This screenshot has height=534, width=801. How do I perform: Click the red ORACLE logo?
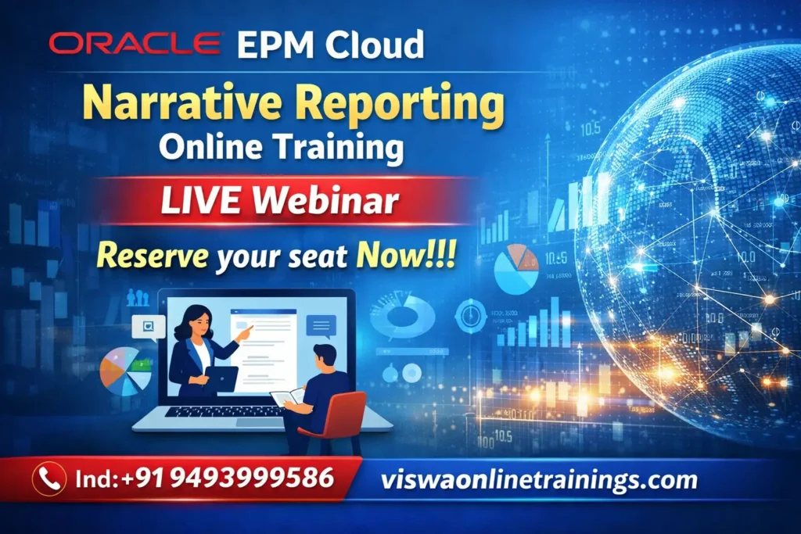[x=135, y=44]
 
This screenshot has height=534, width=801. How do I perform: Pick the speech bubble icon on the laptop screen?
[x=321, y=325]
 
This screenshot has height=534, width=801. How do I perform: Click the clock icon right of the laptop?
[x=470, y=316]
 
